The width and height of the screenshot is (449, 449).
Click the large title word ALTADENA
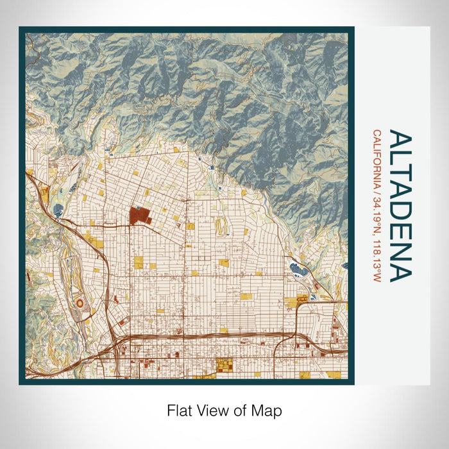400,206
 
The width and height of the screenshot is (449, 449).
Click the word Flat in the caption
178,410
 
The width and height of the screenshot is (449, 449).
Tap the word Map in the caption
269,410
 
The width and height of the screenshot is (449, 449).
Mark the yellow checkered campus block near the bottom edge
224,366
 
